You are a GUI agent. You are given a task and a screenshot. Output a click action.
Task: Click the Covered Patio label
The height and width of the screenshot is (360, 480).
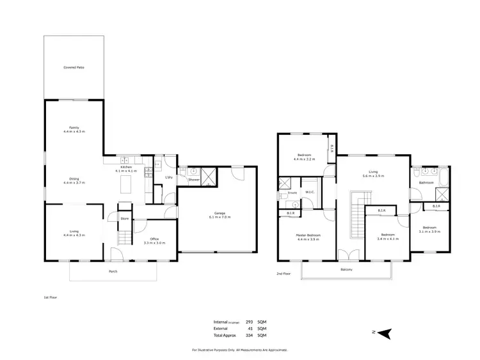(74, 67)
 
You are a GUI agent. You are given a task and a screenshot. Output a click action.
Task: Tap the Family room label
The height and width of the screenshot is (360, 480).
(74, 127)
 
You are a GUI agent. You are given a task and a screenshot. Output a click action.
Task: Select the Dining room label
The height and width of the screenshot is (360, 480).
(74, 179)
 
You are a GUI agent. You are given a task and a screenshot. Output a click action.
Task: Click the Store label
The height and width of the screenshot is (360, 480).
(124, 219)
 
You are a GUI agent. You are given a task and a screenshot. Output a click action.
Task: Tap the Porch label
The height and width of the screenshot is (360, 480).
(113, 272)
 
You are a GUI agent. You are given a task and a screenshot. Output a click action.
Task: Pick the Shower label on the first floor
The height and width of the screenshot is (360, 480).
(193, 180)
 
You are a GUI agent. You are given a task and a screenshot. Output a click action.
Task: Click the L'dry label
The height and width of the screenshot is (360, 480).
(170, 177)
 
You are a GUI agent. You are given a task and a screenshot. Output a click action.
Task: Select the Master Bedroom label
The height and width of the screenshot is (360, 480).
(308, 235)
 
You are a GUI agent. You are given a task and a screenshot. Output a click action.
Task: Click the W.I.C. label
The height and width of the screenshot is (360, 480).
(310, 192)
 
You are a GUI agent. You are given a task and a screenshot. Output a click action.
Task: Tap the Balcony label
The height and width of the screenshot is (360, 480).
(346, 270)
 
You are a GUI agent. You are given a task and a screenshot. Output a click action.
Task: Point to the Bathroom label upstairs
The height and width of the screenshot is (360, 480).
(426, 183)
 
